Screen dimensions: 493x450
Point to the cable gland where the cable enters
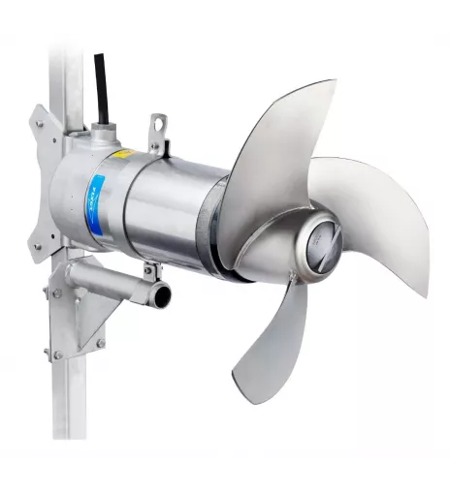point(102,126)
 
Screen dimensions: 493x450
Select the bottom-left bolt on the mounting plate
point(39,247)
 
